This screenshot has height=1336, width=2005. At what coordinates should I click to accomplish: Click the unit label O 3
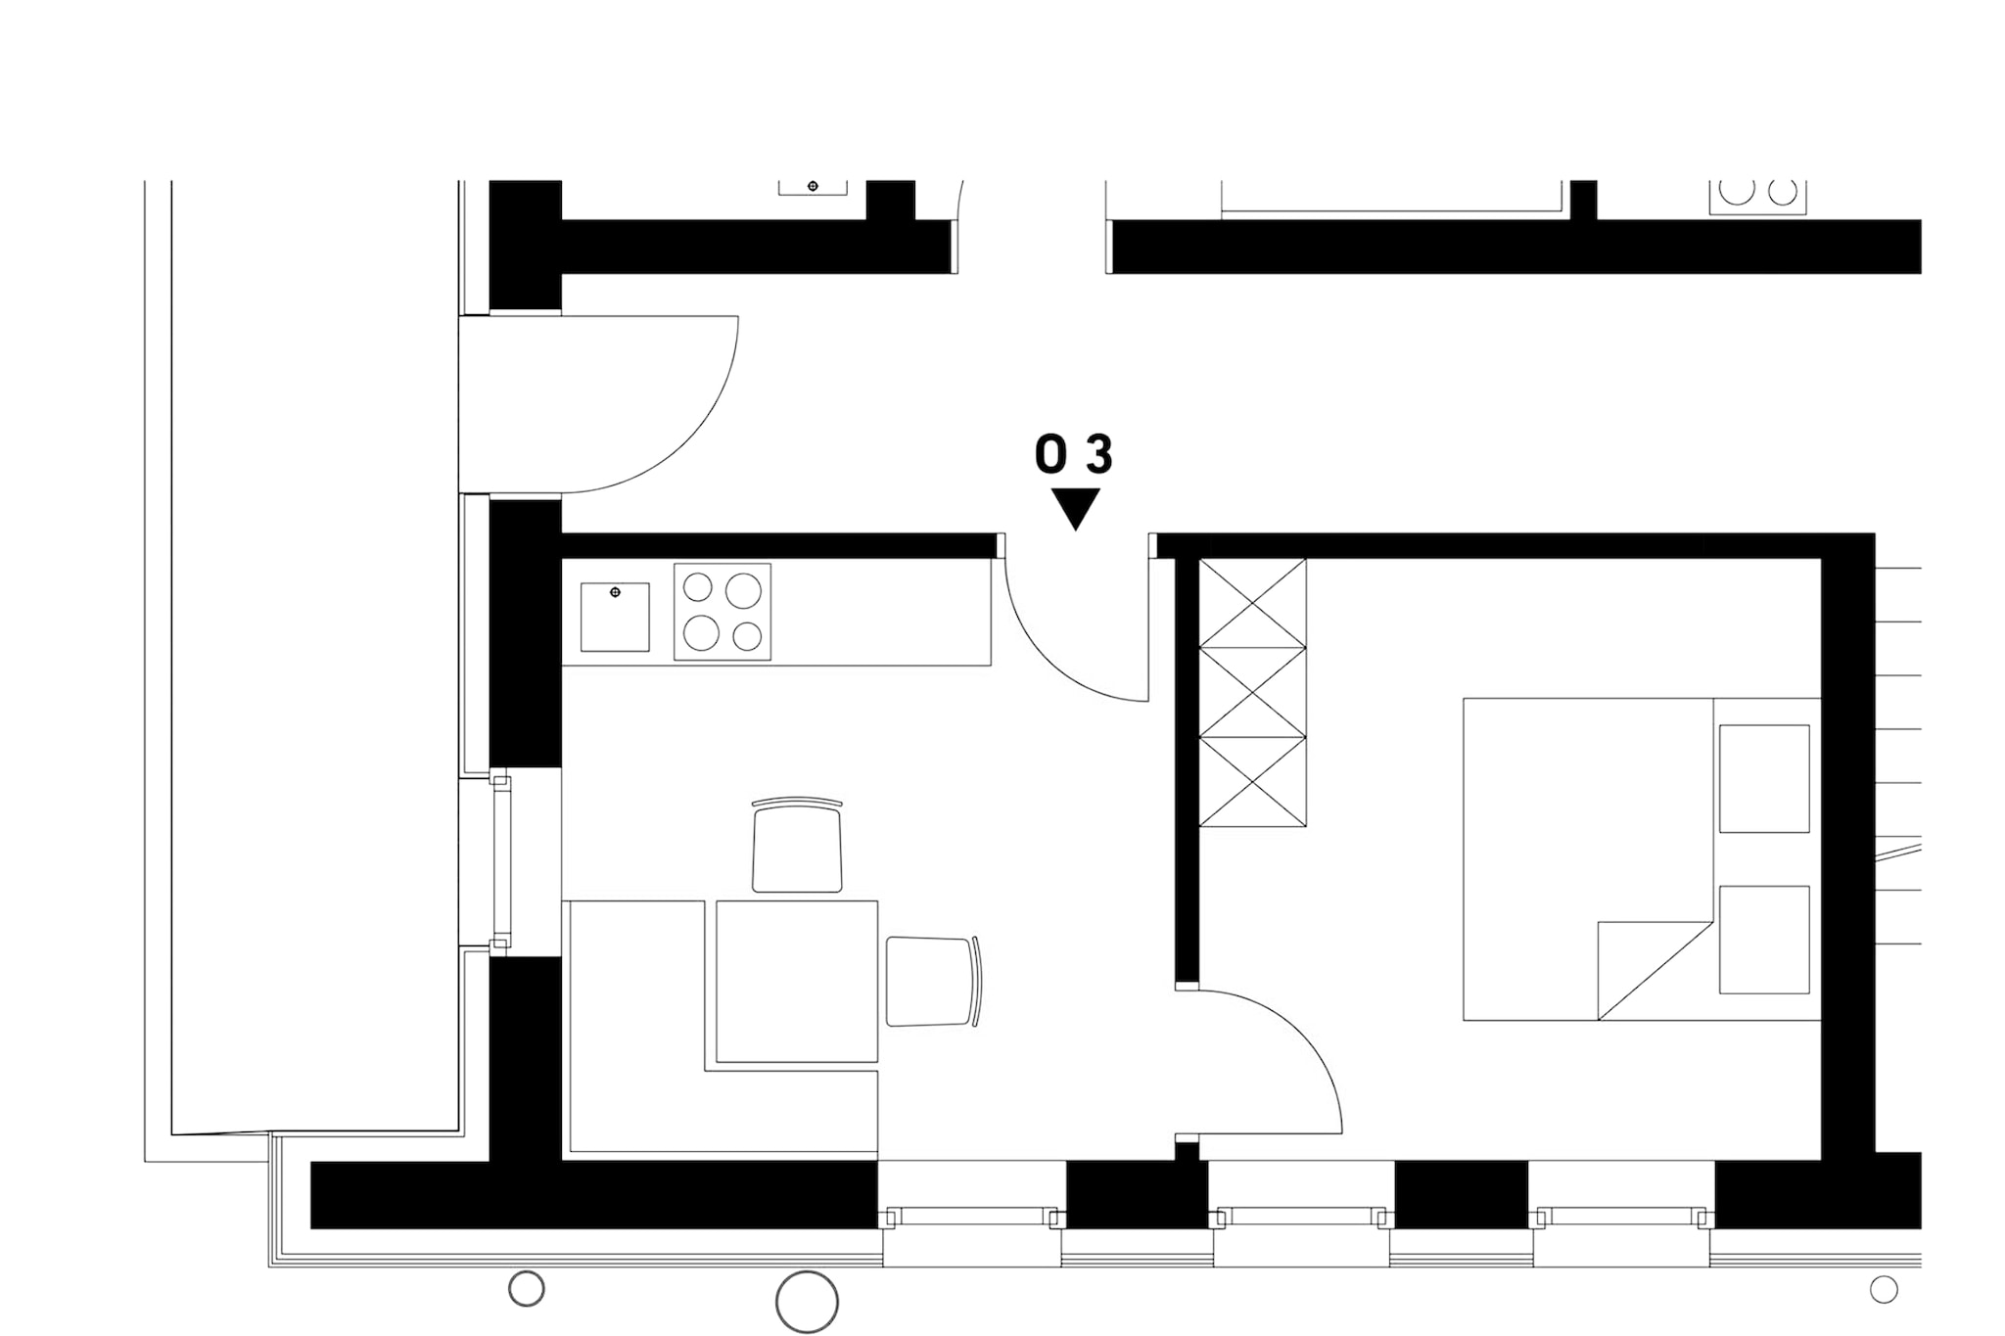[x=1074, y=455]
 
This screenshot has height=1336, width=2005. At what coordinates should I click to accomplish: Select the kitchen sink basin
[x=615, y=617]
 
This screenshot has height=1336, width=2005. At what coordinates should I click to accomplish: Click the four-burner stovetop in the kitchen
[x=723, y=612]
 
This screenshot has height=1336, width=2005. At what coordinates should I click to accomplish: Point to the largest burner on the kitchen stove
[x=744, y=590]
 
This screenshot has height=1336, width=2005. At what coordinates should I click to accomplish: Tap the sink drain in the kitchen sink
[x=616, y=592]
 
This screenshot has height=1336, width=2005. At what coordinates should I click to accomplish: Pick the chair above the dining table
[x=797, y=845]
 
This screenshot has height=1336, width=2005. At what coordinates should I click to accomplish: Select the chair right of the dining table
[x=933, y=981]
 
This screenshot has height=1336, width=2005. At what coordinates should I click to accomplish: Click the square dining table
[x=797, y=981]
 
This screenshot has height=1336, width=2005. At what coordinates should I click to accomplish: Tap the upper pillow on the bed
[x=1764, y=778]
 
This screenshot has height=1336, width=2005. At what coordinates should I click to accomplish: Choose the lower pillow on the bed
[x=1764, y=940]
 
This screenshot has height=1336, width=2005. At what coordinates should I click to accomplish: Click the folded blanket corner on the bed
[x=1655, y=970]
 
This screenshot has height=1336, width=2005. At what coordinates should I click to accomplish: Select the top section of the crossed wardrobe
[x=1253, y=603]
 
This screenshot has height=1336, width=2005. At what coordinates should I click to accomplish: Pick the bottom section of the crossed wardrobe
[x=1253, y=782]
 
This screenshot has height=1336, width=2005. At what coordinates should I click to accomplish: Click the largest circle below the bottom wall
[x=807, y=1302]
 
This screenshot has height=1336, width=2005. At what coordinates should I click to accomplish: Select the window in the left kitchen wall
[x=501, y=862]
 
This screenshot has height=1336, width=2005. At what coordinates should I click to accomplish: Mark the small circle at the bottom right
[x=1884, y=1290]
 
